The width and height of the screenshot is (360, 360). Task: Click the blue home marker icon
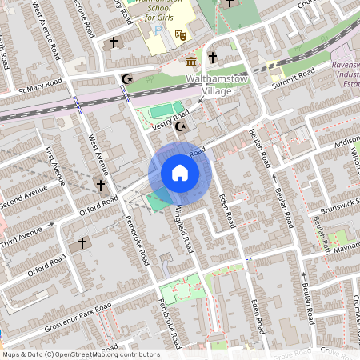(180, 173)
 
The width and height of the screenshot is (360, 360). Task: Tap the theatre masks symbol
(181, 34)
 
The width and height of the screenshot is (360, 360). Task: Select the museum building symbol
(191, 62)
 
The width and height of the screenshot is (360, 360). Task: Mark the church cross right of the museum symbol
(213, 57)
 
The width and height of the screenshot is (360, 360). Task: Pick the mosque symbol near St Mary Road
(126, 78)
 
